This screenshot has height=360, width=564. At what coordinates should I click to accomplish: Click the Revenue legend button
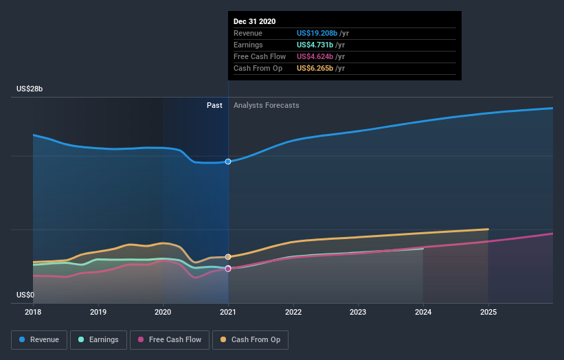click(x=40, y=339)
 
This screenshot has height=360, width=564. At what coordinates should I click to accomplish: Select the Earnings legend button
click(x=98, y=339)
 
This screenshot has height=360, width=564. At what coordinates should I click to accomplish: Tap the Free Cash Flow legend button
click(x=168, y=339)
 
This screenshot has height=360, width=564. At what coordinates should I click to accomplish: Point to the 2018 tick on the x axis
click(x=33, y=311)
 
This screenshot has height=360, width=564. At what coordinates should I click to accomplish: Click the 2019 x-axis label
click(x=98, y=311)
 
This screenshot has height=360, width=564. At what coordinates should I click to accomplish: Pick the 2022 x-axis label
click(x=293, y=311)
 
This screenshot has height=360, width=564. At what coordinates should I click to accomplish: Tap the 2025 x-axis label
click(x=488, y=311)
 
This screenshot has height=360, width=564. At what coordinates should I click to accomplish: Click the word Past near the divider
click(x=214, y=105)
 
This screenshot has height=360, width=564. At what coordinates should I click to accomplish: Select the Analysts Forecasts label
click(x=266, y=105)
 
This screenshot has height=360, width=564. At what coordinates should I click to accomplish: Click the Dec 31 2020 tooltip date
click(x=254, y=21)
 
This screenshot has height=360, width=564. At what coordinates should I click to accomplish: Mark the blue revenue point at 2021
click(x=228, y=161)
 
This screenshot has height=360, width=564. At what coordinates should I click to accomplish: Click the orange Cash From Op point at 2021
click(x=228, y=257)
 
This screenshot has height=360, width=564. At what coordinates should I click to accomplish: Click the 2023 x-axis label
click(x=359, y=311)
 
